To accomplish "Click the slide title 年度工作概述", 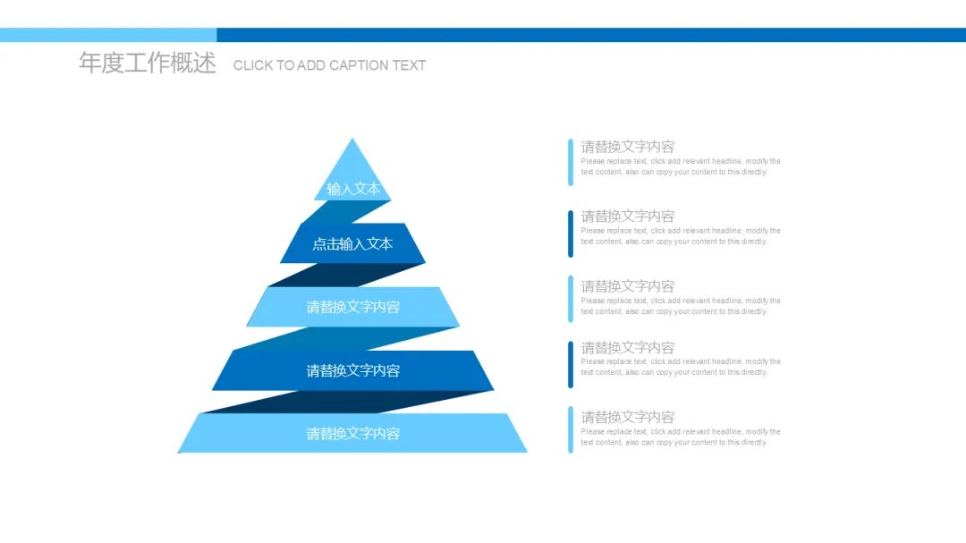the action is tap(148, 64).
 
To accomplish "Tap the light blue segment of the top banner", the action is tap(107, 35).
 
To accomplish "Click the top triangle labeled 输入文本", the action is tap(352, 174).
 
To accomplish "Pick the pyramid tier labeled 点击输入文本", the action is tap(352, 243).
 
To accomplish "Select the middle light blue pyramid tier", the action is tap(352, 307).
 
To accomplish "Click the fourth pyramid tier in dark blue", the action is tap(352, 370).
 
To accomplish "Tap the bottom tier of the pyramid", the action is tap(352, 434).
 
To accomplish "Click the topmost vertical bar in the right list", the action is tap(571, 162).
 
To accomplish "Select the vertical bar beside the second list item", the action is tap(571, 233).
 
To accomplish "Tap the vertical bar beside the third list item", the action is tap(571, 299).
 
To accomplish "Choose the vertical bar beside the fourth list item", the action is tap(571, 364).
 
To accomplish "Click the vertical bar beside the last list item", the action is tap(571, 429).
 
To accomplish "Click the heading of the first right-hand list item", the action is tap(628, 147).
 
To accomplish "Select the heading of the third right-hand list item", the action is tap(628, 286).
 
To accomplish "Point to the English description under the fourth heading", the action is tap(680, 367).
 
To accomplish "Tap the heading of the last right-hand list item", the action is tap(628, 417).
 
